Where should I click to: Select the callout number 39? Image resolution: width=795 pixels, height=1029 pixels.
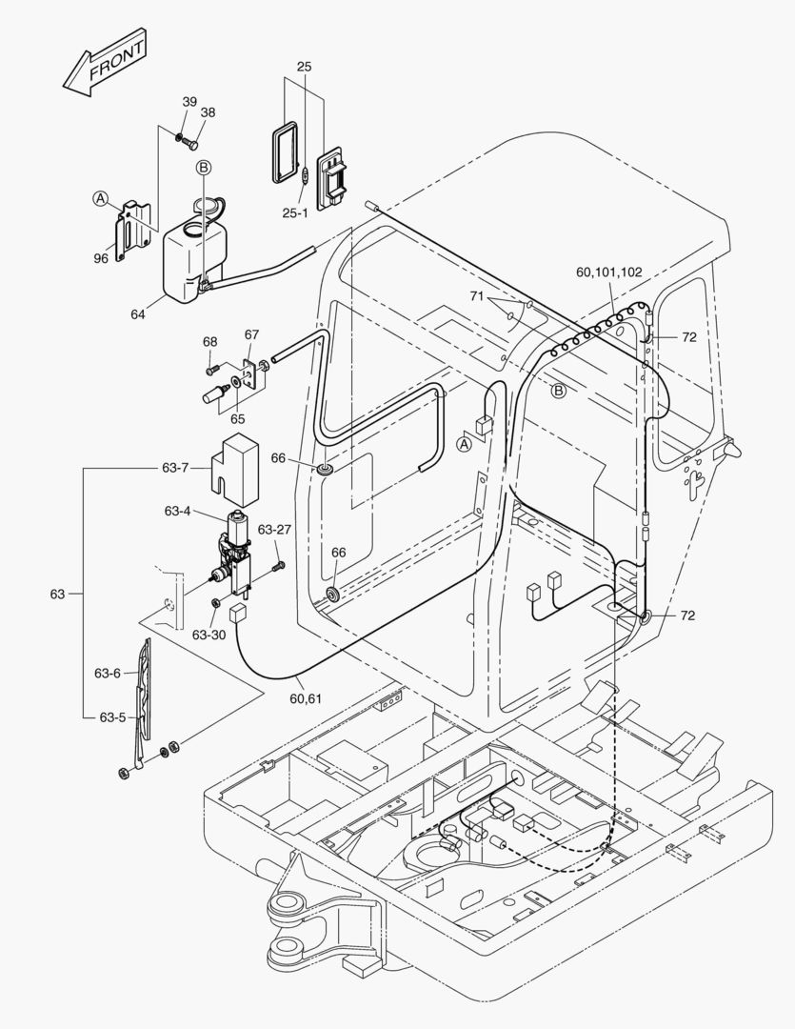[189, 102]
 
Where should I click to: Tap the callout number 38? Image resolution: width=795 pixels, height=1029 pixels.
[208, 112]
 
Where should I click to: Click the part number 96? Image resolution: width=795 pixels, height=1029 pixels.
[100, 256]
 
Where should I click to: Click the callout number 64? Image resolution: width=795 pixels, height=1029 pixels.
[139, 313]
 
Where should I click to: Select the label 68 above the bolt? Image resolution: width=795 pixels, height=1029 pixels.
[209, 341]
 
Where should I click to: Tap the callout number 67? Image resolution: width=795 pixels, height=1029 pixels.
[251, 334]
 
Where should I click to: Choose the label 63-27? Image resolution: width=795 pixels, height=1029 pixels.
[275, 530]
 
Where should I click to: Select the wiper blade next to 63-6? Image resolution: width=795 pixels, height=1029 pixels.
[144, 686]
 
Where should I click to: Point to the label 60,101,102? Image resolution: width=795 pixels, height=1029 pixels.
[608, 272]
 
